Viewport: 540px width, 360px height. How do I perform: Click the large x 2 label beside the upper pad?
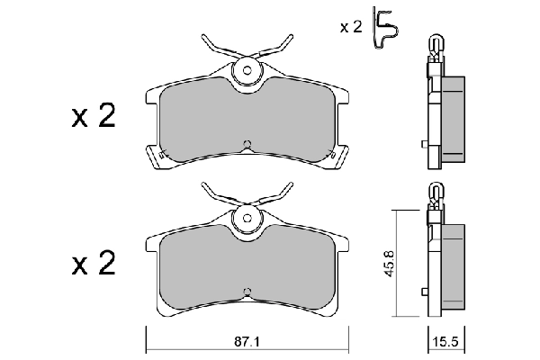[94, 118]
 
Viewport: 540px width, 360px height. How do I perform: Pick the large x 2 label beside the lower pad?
[94, 264]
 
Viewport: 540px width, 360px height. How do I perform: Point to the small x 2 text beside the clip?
[350, 27]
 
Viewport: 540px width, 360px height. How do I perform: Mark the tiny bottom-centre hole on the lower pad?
[247, 289]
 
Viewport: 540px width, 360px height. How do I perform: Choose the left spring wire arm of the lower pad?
[216, 190]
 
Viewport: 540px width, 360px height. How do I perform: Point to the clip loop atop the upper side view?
[436, 44]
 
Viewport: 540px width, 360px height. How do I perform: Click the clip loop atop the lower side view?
[436, 191]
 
